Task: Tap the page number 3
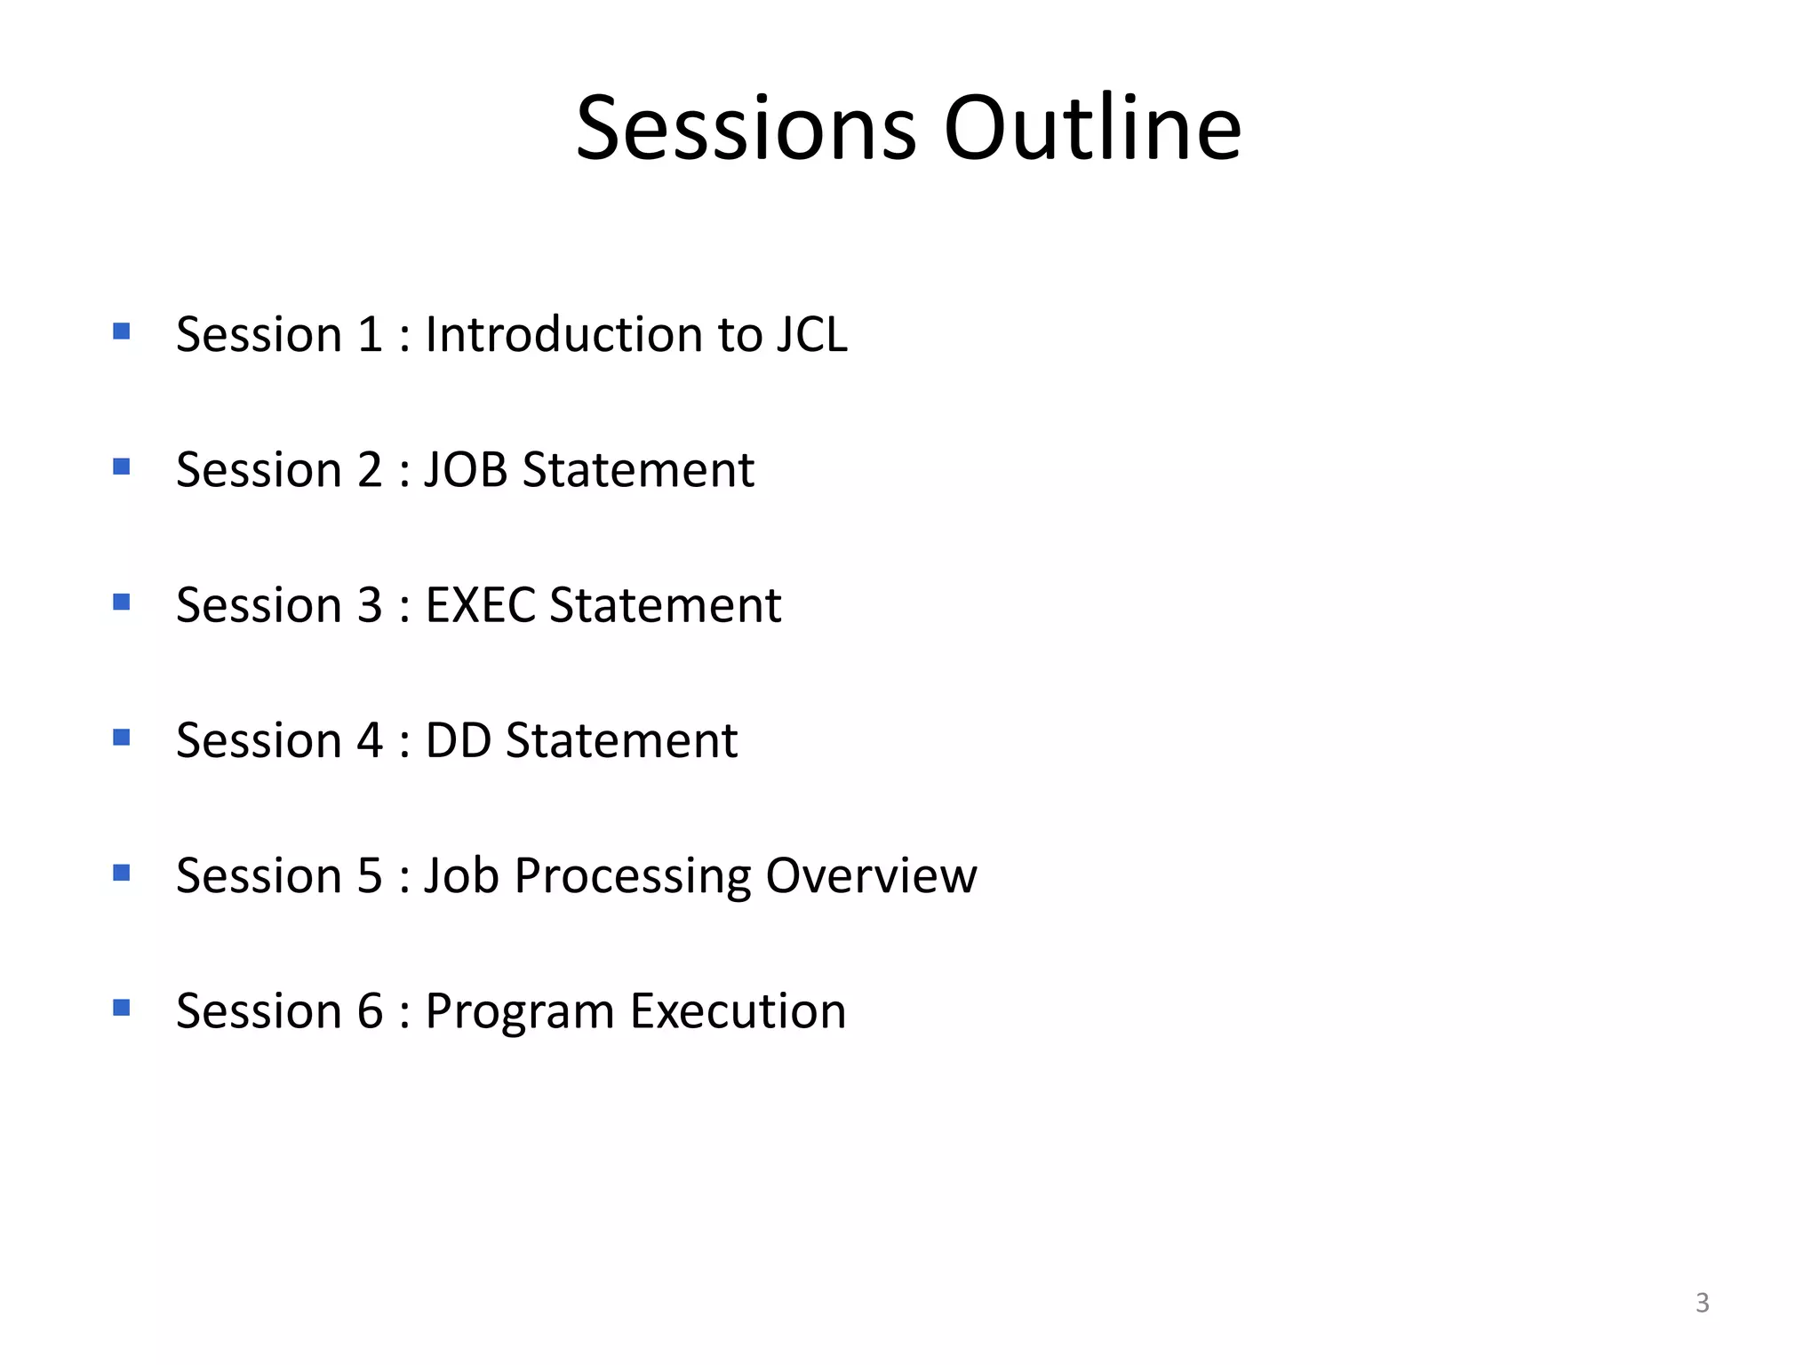click(x=1702, y=1303)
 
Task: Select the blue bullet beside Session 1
click(x=122, y=332)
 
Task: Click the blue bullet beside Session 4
click(x=122, y=738)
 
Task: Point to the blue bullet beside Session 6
click(x=122, y=1008)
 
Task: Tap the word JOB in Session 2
click(x=466, y=470)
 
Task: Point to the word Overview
click(x=871, y=875)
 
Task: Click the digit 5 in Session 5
click(x=370, y=875)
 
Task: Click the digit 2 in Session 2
click(x=370, y=470)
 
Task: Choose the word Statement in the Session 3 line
click(x=666, y=605)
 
